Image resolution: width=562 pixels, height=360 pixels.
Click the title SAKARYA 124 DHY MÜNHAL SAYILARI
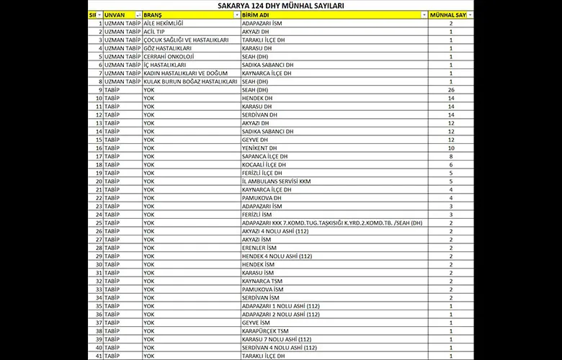click(x=280, y=6)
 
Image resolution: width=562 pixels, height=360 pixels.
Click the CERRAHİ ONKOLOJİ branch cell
click(x=170, y=56)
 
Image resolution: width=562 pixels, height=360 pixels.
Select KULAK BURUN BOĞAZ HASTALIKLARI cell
click(x=190, y=81)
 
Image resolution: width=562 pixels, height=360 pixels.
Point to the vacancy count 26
click(x=451, y=90)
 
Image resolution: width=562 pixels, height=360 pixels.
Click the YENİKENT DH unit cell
click(x=263, y=148)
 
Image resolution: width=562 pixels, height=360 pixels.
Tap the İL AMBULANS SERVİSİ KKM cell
click(x=277, y=181)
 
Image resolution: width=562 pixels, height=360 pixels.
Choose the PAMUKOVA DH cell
click(x=262, y=197)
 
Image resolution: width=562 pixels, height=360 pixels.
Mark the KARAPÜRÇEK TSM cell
click(x=267, y=330)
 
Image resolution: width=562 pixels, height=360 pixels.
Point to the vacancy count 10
click(x=451, y=148)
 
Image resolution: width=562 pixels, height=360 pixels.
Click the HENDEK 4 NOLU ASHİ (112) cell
click(x=277, y=256)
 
